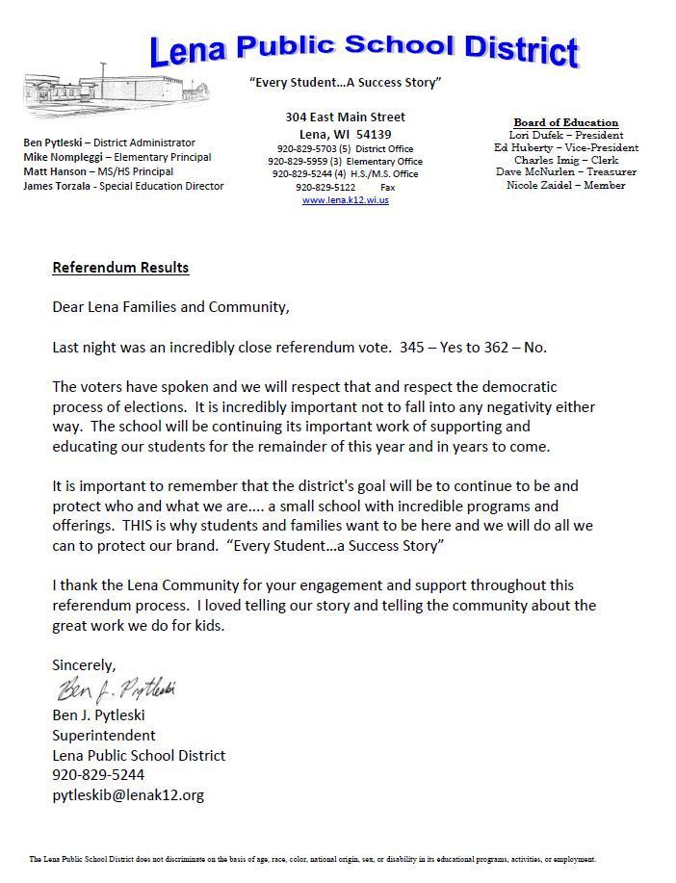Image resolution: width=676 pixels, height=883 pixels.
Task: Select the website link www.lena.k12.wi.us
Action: point(345,200)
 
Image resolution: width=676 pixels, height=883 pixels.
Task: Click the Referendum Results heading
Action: point(120,267)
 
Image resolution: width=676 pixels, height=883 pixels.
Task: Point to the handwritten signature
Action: point(116,689)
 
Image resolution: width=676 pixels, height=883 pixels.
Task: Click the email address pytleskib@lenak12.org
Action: point(128,794)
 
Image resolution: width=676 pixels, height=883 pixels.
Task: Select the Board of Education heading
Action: point(565,122)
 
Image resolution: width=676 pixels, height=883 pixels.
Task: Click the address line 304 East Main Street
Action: point(345,117)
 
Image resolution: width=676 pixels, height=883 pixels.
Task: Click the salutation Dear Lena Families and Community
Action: point(170,307)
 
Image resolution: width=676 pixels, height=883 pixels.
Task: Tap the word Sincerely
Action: point(84,664)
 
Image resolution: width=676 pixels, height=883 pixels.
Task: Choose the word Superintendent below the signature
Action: point(103,735)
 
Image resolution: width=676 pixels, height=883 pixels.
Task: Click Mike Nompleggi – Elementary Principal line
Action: point(117,157)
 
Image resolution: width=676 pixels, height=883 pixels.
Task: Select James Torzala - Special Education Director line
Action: point(123,186)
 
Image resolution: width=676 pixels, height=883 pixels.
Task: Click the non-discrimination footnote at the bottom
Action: point(313,858)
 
